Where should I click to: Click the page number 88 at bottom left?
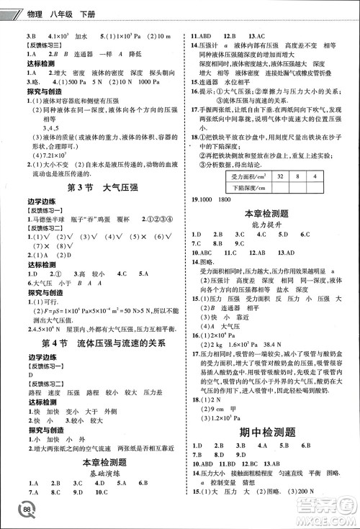27,510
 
